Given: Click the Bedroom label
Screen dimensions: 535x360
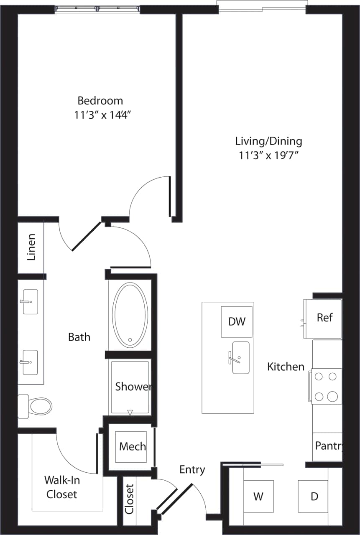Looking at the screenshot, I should tap(100, 101).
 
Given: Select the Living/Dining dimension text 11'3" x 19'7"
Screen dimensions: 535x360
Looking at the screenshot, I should tap(268, 155).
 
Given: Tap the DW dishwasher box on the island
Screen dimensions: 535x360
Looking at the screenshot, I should tap(237, 321).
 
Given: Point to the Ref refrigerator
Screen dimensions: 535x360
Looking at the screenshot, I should tap(324, 318).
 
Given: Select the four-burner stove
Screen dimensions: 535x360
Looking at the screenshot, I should tap(326, 386).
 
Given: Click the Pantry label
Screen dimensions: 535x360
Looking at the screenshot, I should tap(329, 446).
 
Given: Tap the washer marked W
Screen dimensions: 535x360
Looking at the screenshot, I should tap(258, 496).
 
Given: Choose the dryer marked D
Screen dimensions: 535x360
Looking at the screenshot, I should tap(314, 496).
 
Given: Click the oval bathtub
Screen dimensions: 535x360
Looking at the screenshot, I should tap(130, 315).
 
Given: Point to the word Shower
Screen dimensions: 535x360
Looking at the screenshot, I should tap(133, 387).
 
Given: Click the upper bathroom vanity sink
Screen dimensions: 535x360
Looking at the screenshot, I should tap(30, 301).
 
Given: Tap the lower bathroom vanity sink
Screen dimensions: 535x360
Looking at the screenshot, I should tap(30, 362).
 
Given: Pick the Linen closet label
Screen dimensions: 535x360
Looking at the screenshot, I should tap(31, 247).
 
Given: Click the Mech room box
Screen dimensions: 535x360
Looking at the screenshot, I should tap(132, 446).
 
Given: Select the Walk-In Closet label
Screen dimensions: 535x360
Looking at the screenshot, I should tap(62, 487).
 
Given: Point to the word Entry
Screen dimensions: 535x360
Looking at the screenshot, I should tap(192, 469).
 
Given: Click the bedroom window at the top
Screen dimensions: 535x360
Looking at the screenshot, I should tap(97, 8).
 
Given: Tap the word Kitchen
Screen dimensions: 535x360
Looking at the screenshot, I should tap(286, 367).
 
